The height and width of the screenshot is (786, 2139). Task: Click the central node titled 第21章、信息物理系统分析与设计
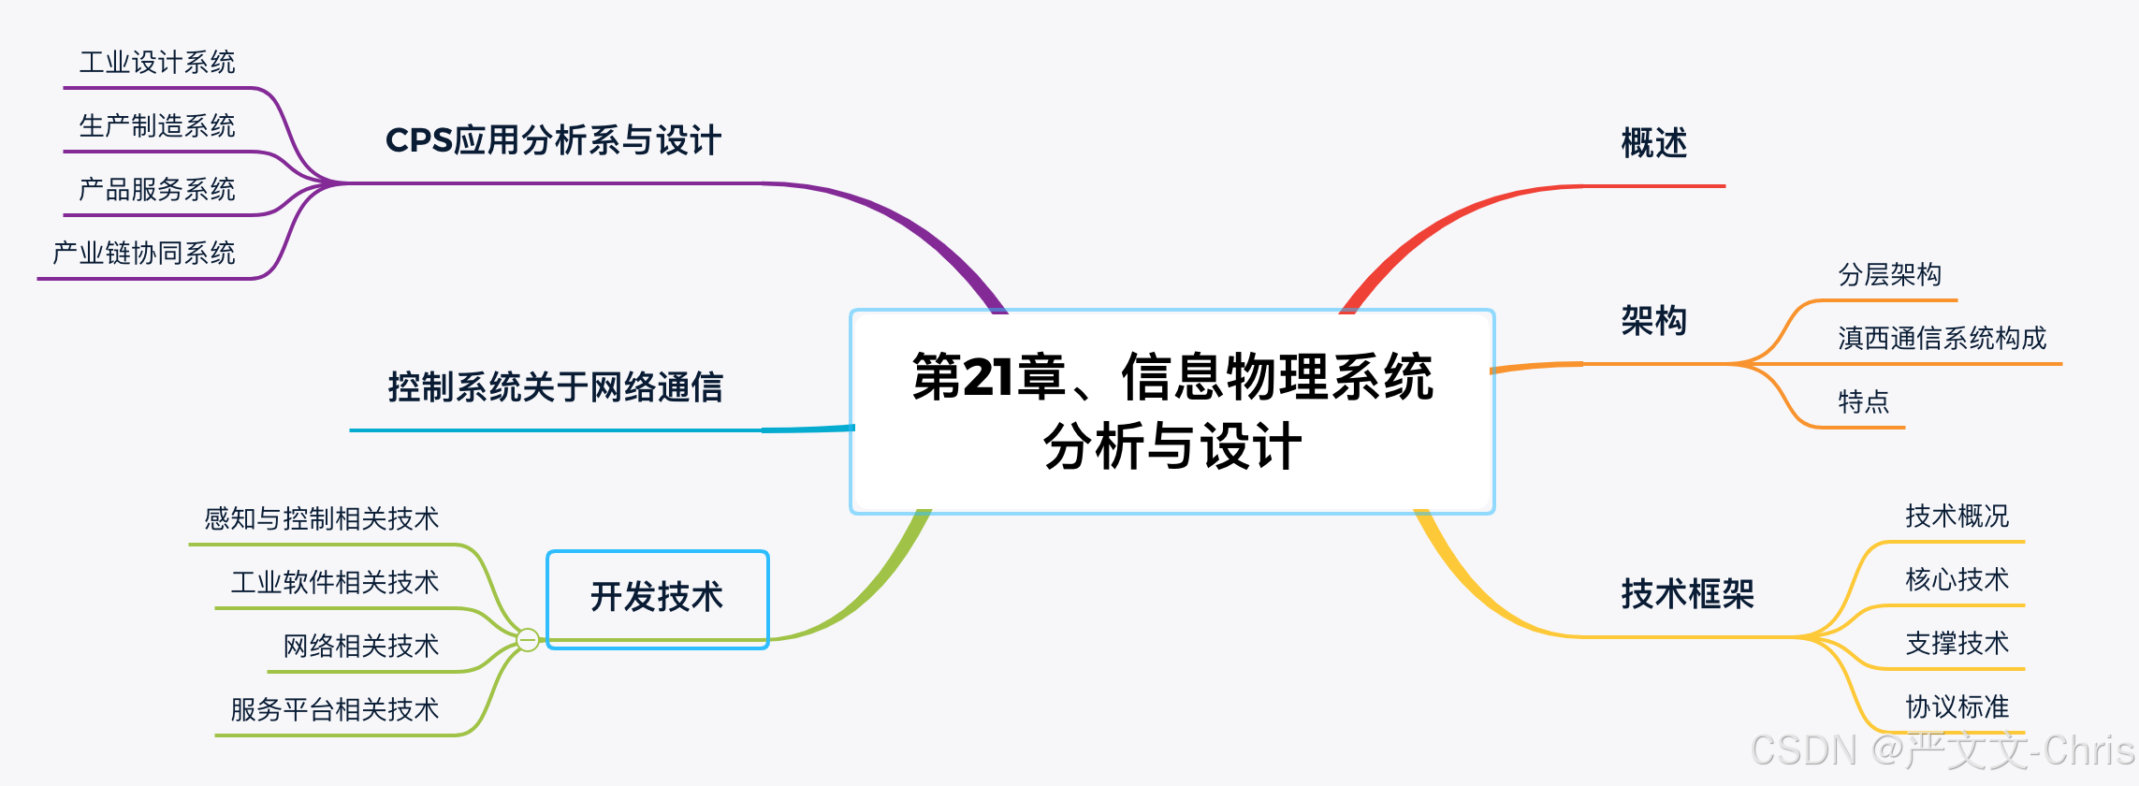1171,412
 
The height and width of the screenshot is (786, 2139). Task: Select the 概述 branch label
1653,144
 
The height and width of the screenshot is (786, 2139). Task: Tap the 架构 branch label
1653,321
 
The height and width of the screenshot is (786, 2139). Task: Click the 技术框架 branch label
1687,594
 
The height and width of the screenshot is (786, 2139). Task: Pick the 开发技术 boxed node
657,597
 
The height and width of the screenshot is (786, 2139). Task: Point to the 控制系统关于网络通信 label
555,387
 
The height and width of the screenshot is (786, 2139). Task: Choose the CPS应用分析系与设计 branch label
553,141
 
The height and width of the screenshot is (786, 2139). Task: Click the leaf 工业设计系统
157,63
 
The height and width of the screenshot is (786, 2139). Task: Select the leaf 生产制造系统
157,126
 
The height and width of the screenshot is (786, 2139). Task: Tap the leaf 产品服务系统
157,190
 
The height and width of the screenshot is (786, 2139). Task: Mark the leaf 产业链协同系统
144,254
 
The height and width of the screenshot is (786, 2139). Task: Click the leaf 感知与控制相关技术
321,519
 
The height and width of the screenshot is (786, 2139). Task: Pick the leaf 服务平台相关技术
334,710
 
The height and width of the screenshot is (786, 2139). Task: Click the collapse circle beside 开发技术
528,640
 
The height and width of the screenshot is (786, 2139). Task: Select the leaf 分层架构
1889,275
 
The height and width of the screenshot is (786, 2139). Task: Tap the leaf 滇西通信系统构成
1942,339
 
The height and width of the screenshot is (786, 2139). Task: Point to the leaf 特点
1863,402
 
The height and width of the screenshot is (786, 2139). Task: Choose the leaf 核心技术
1957,580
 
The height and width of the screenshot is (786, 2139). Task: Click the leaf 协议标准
1957,707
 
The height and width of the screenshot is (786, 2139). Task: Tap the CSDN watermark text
1942,750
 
